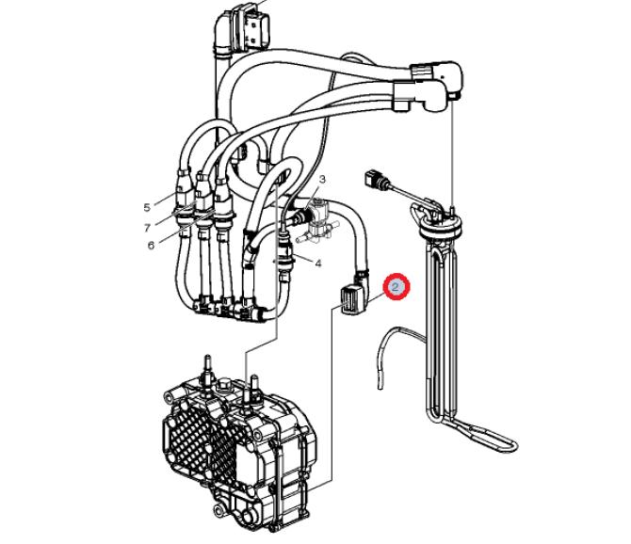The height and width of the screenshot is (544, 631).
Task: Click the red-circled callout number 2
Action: coord(396,287)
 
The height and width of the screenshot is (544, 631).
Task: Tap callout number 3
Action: coord(322,179)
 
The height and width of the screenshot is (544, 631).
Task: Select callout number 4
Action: coord(318,264)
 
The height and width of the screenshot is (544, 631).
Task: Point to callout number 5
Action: coord(147,207)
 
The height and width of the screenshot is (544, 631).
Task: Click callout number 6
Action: coord(151,246)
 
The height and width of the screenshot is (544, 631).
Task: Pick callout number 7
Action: coord(147,228)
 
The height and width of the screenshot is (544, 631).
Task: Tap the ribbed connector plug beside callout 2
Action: coord(348,300)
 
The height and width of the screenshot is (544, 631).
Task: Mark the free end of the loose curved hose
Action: coord(380,387)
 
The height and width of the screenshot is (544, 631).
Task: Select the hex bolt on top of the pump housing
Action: coord(222,387)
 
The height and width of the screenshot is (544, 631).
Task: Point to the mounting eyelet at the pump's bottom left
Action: coord(218,511)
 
